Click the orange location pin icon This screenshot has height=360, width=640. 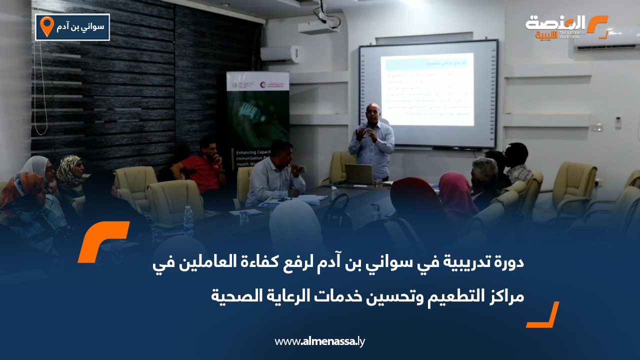click(46, 26)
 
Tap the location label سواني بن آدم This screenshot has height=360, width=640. click(80, 27)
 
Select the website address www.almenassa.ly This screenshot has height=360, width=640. click(320, 341)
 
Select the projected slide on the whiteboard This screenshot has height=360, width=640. click(427, 90)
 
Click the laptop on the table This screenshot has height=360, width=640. click(359, 174)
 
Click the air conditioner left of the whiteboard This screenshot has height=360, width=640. click(280, 54)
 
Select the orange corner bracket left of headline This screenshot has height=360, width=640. click(103, 241)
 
